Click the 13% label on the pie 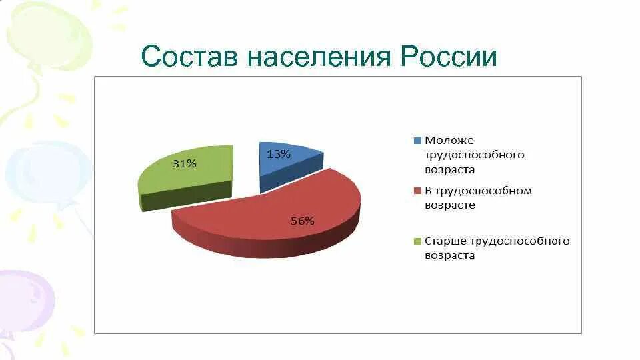pyautogui.click(x=279, y=154)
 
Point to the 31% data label pyautogui.click(x=185, y=163)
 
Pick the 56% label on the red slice pyautogui.click(x=302, y=221)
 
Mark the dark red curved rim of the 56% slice pyautogui.click(x=267, y=247)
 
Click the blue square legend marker pyautogui.click(x=418, y=141)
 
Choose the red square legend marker pyautogui.click(x=418, y=191)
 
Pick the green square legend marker pyautogui.click(x=418, y=241)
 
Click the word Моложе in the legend pyautogui.click(x=449, y=140)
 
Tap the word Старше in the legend pyautogui.click(x=446, y=241)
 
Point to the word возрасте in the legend pyautogui.click(x=450, y=205)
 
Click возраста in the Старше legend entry pyautogui.click(x=450, y=255)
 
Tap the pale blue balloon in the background pyautogui.click(x=47, y=170)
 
